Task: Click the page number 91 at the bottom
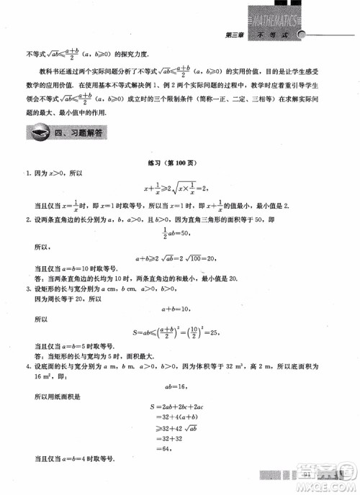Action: click(x=307, y=473)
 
